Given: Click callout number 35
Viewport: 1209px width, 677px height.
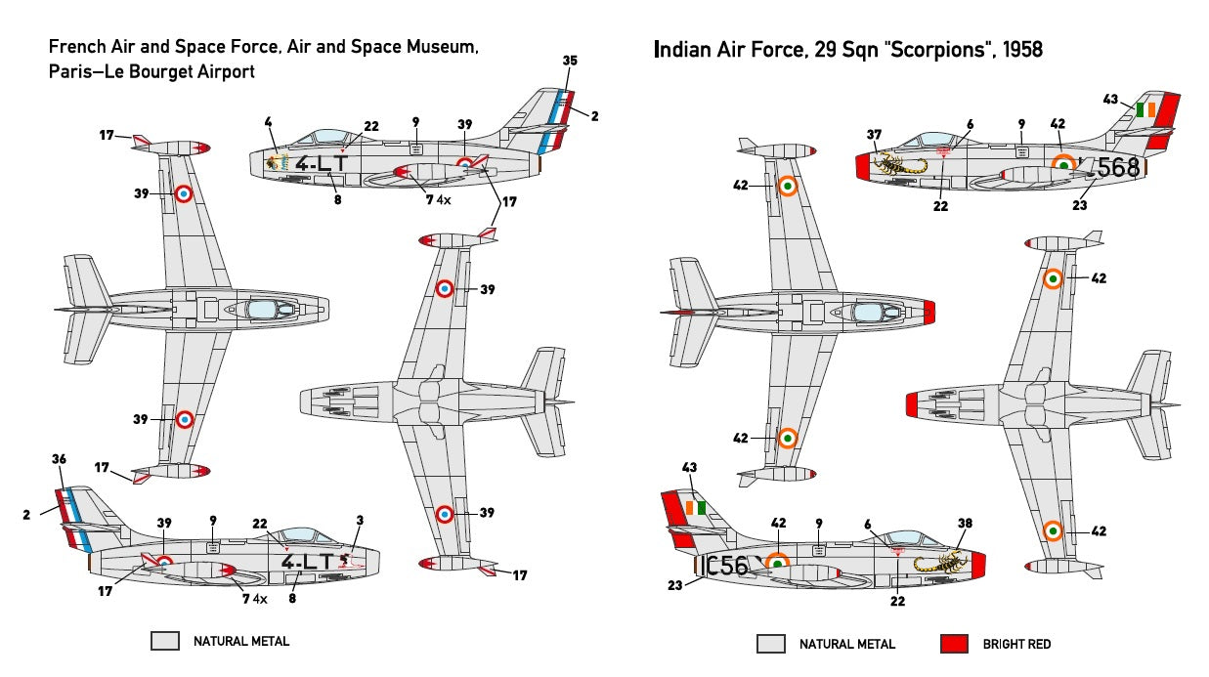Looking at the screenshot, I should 570,61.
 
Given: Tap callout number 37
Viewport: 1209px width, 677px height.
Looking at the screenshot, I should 874,135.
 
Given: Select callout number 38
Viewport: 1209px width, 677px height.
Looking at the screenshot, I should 966,523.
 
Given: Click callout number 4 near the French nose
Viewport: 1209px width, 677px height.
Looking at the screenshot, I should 268,122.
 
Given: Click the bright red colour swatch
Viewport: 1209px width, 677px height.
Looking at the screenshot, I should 954,644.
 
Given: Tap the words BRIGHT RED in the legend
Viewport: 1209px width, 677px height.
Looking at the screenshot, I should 1016,644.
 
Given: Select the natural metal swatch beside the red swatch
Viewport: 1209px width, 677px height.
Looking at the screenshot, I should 770,644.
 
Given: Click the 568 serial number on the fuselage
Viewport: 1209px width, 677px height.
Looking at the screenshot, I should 1118,168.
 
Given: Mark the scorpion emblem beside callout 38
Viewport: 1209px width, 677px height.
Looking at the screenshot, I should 938,561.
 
